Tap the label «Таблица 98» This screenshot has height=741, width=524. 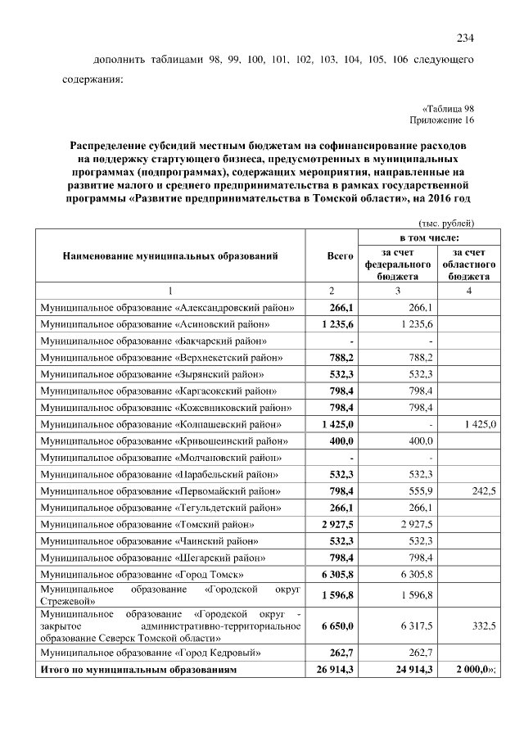point(448,107)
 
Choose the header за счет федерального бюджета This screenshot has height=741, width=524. point(397,264)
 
